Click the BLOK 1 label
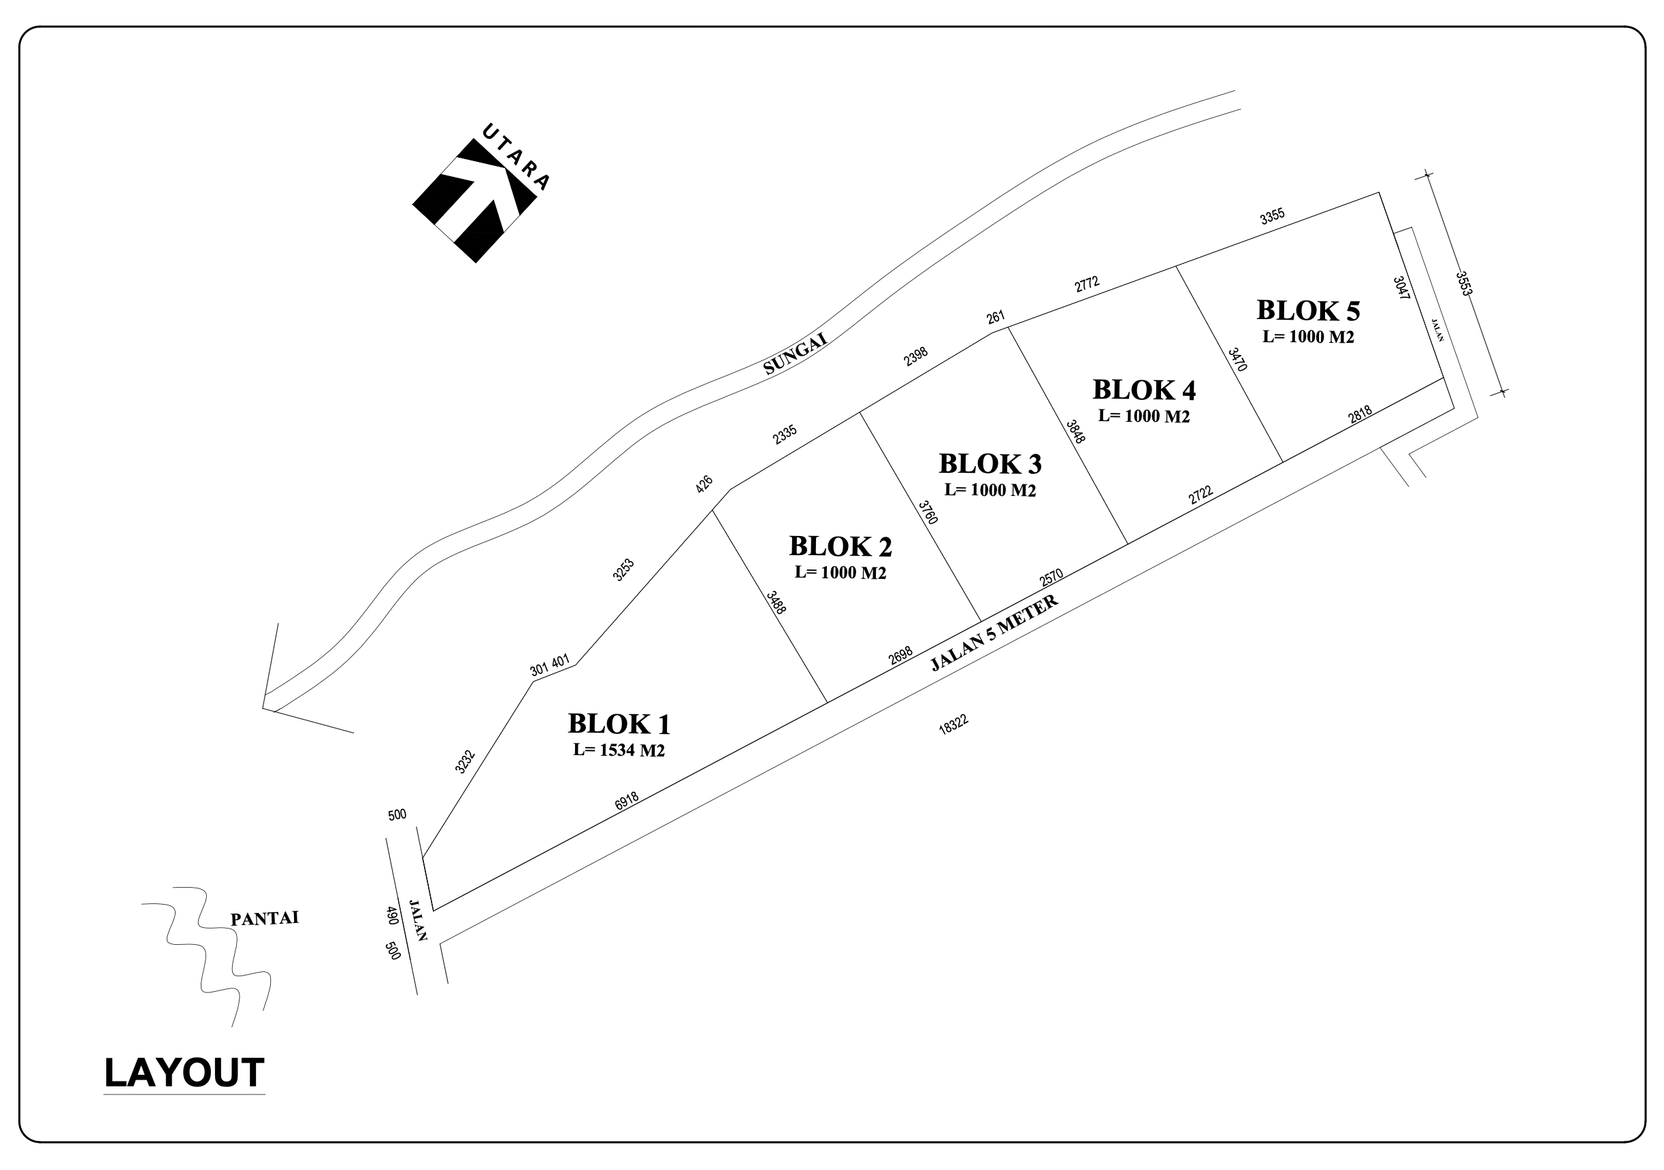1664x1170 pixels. (619, 724)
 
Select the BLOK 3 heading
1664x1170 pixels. (990, 464)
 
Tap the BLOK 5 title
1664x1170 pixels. (1308, 311)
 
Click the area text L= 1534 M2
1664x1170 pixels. (619, 750)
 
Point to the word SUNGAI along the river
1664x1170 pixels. (795, 354)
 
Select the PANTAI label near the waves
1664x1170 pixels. (265, 918)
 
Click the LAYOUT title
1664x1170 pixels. (184, 1073)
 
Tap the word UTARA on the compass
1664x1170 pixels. (516, 157)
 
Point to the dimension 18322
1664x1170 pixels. (953, 725)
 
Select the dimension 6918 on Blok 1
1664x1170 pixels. (627, 801)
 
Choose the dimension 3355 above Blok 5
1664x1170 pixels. (1272, 216)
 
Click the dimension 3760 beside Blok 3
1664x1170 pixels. (928, 513)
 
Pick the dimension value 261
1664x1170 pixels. (995, 317)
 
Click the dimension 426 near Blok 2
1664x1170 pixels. (704, 484)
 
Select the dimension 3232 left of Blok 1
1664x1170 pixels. (465, 762)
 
